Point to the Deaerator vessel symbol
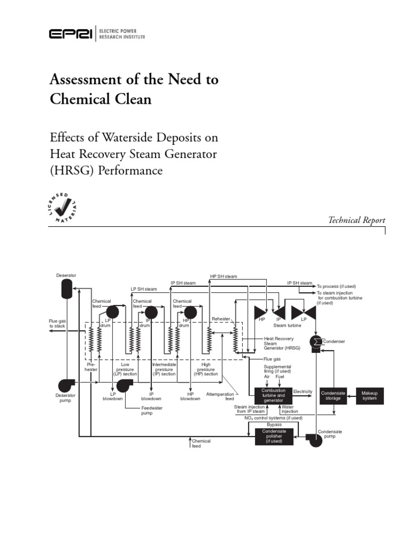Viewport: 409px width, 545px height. pyautogui.click(x=67, y=288)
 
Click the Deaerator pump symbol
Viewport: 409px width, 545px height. pyautogui.click(x=67, y=385)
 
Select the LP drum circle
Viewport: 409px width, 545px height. pyautogui.click(x=112, y=311)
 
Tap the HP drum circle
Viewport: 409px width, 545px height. pyautogui.click(x=191, y=311)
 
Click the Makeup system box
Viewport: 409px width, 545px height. pyautogui.click(x=370, y=395)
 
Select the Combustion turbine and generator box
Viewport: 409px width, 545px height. pyautogui.click(x=273, y=395)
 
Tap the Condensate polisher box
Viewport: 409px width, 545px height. pyautogui.click(x=273, y=436)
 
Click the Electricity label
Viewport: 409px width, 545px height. pyautogui.click(x=302, y=391)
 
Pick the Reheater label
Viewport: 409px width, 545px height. pyautogui.click(x=220, y=319)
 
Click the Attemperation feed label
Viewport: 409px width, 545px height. pyautogui.click(x=220, y=396)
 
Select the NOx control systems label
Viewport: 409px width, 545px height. pyautogui.click(x=273, y=418)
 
